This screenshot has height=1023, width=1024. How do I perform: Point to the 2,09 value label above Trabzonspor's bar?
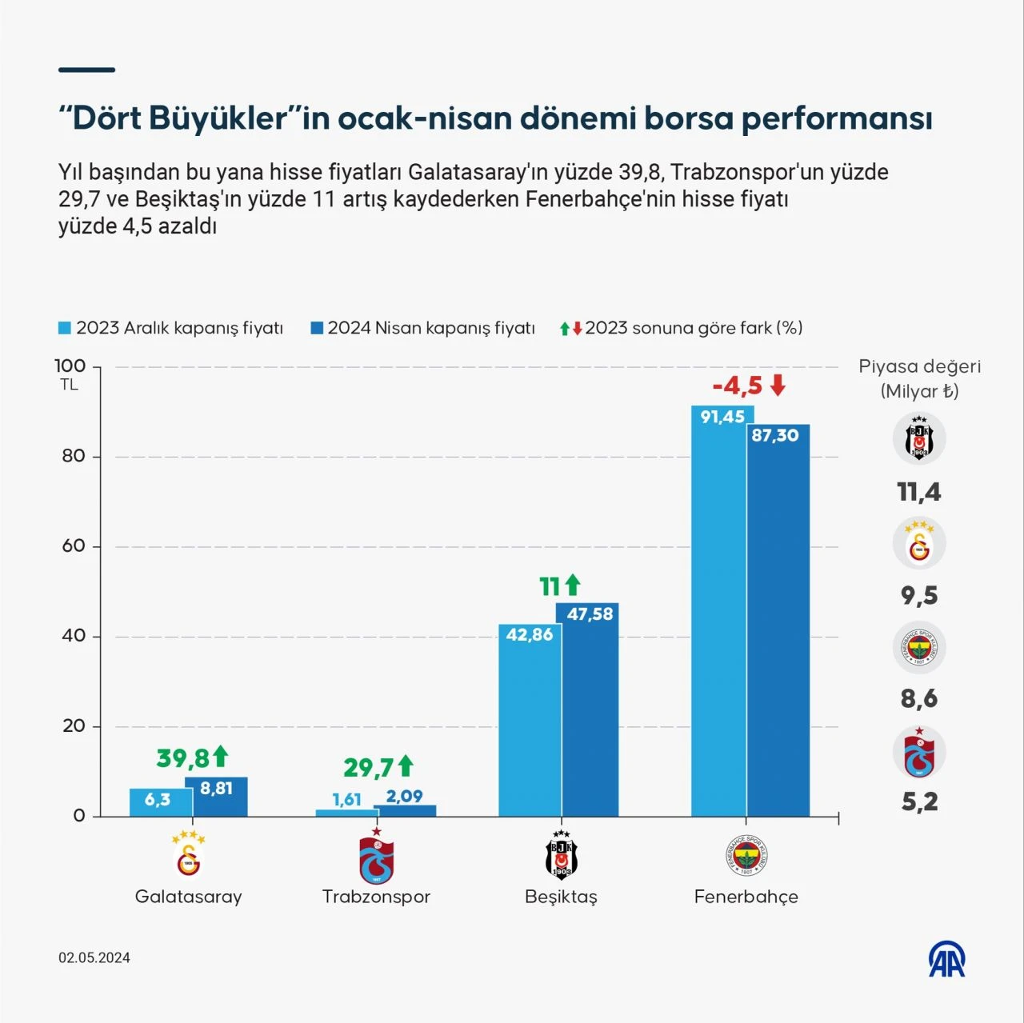coord(404,796)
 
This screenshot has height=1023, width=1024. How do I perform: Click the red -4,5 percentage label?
coord(738,386)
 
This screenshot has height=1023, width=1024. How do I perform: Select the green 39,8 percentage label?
coord(182,757)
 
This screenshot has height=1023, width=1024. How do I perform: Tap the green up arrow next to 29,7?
coord(406,766)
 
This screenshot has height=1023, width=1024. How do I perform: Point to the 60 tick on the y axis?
coord(74,546)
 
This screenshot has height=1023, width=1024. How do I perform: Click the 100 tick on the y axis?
coord(70,366)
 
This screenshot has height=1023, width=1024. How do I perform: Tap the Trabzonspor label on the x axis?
coord(376,897)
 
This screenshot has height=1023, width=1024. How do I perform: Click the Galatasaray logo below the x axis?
coord(189,856)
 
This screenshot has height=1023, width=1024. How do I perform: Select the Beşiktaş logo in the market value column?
coord(919,438)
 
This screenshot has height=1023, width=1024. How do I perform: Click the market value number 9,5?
coord(919,595)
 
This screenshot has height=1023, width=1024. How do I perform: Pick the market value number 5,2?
coord(919,801)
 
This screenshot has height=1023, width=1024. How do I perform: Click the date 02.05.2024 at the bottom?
coord(94,957)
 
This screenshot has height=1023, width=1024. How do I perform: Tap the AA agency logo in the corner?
coord(946,958)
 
